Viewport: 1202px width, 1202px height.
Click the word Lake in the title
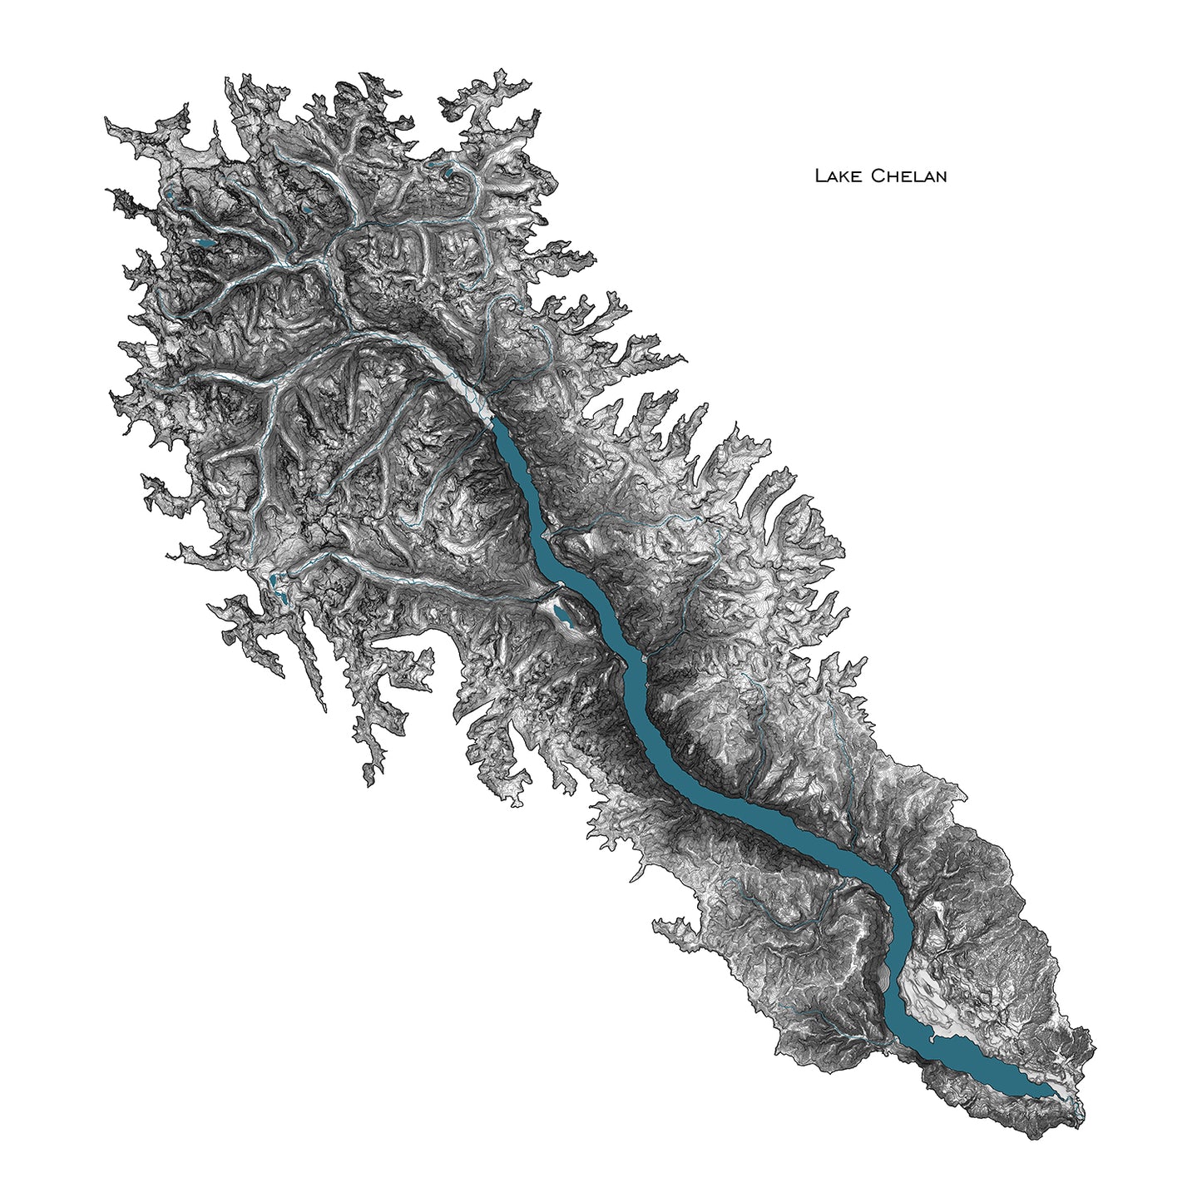838,176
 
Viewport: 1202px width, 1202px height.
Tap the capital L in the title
819,176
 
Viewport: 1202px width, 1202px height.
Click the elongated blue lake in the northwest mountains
202,245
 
